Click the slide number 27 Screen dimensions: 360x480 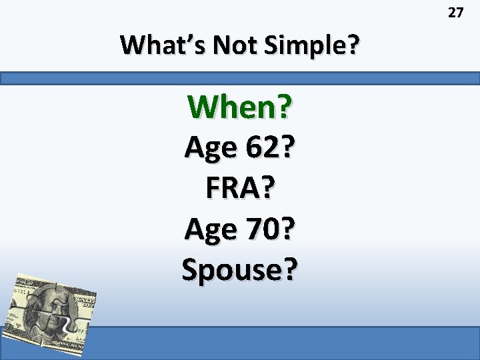[455, 13]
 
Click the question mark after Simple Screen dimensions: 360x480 [351, 45]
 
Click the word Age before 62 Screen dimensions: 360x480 [209, 149]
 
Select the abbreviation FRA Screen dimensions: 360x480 [231, 189]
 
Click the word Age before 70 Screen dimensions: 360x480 [209, 230]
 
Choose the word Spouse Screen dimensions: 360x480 [233, 270]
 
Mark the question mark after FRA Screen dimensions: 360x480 [267, 189]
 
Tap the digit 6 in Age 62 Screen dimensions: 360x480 [248, 147]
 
